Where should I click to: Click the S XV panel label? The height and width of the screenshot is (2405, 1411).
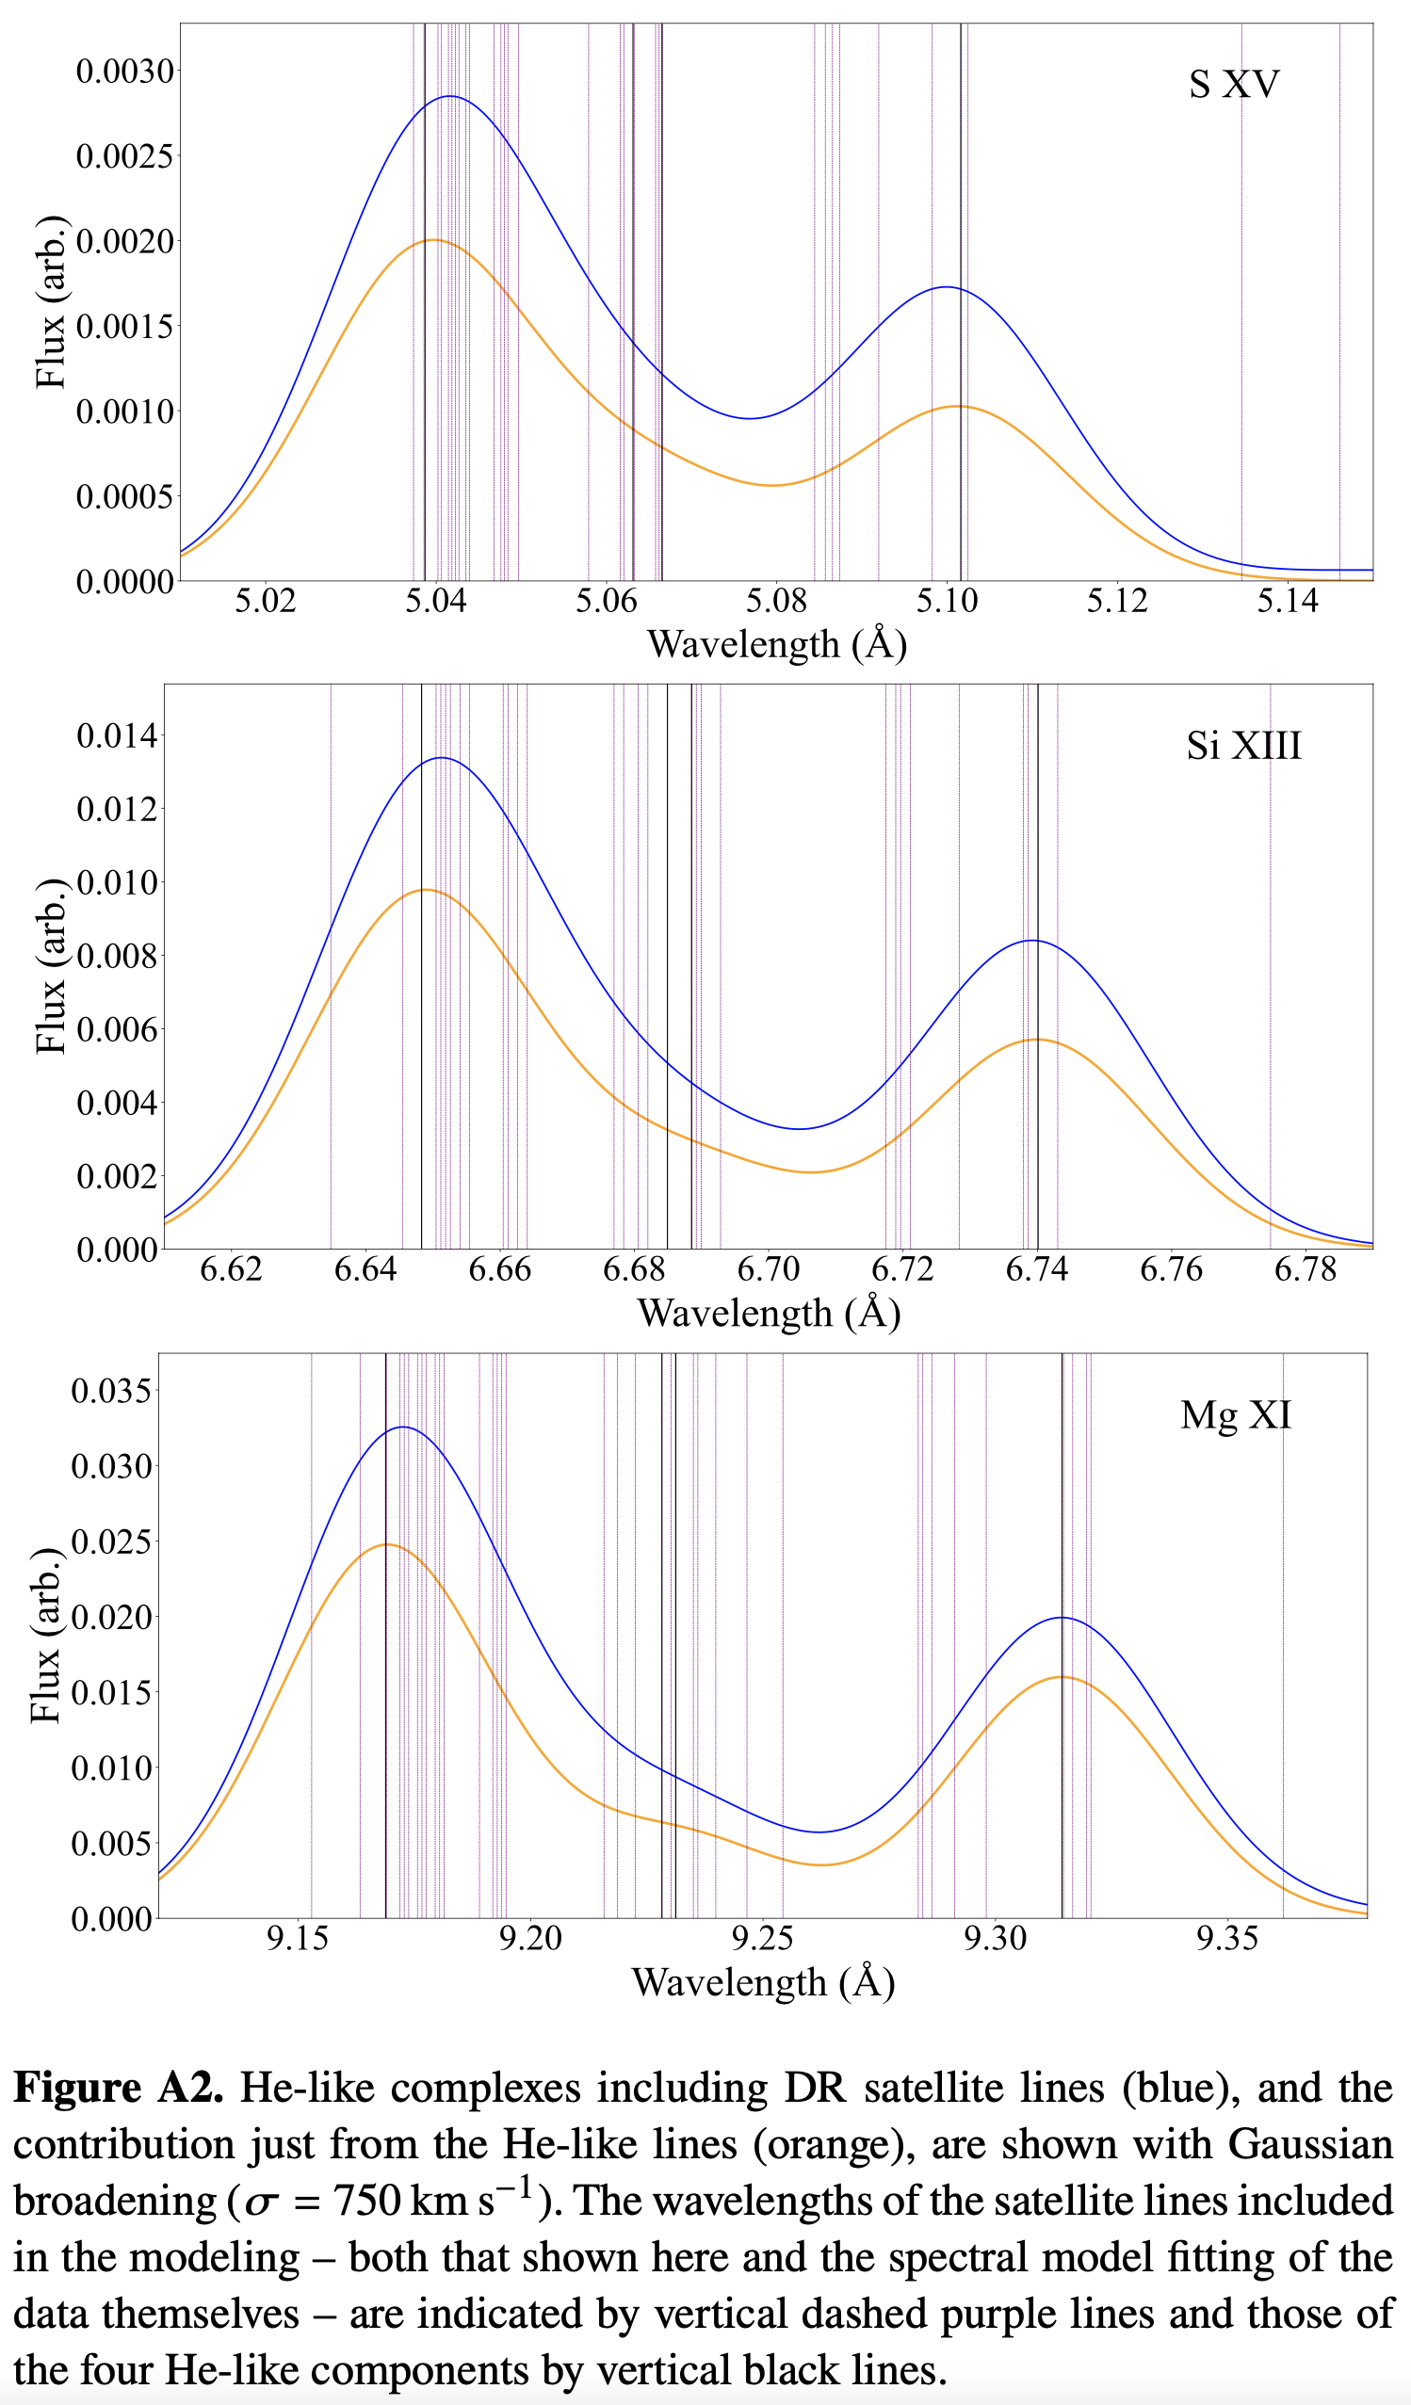(1233, 85)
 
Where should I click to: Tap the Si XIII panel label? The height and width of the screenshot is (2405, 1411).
(1243, 746)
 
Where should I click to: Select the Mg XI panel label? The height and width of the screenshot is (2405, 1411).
(1236, 1414)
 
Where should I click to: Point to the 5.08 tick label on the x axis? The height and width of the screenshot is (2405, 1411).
(776, 601)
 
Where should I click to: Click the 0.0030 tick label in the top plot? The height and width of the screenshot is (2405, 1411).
(125, 72)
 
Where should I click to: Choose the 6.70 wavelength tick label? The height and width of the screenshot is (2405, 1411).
(768, 1269)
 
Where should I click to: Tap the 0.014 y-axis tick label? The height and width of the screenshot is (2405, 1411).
(117, 735)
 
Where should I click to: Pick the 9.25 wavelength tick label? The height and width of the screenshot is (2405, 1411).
(762, 1938)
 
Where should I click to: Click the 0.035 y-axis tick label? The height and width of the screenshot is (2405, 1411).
(112, 1391)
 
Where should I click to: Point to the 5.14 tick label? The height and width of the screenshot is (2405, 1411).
(1287, 601)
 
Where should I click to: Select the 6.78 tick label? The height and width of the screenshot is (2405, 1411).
(1305, 1269)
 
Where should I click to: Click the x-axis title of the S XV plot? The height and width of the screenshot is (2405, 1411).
(776, 644)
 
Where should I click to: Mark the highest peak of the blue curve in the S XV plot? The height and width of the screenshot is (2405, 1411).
(448, 96)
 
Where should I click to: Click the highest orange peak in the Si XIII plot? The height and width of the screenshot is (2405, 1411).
(426, 890)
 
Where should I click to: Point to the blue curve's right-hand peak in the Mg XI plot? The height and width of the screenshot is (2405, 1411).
(1062, 1618)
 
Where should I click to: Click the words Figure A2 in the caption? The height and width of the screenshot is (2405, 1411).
(119, 2088)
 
